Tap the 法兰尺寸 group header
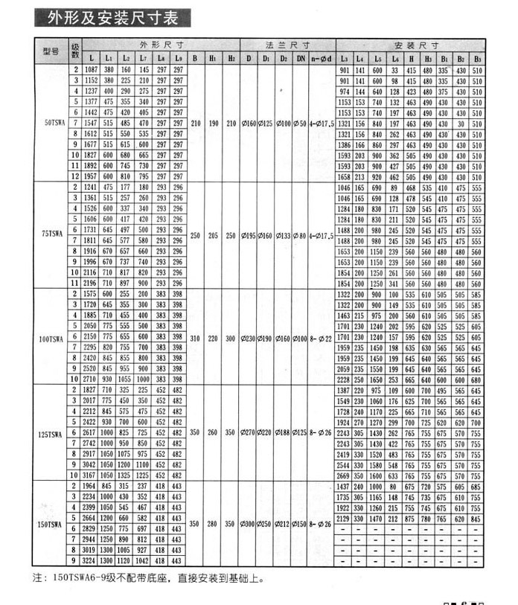point(289,45)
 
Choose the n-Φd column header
point(321,57)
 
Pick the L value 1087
point(92,69)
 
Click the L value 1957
point(92,177)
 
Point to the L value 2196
point(92,284)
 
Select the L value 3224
point(92,560)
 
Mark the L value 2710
point(92,379)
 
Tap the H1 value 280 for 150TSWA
point(214,524)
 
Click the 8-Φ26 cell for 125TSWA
point(322,432)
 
